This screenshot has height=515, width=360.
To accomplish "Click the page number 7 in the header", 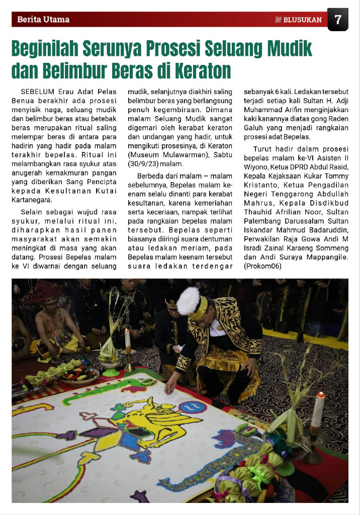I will pyautogui.click(x=338, y=20).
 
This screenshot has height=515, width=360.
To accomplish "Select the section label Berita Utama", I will pyautogui.click(x=43, y=20).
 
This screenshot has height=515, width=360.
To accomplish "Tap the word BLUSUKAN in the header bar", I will pyautogui.click(x=302, y=20).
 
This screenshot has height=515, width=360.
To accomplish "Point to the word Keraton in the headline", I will pyautogui.click(x=200, y=70).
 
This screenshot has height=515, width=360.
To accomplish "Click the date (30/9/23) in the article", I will pyautogui.click(x=144, y=164).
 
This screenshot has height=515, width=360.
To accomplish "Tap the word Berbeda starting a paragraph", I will pyautogui.click(x=150, y=175).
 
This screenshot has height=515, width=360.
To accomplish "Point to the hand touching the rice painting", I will pyautogui.click(x=170, y=389).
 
